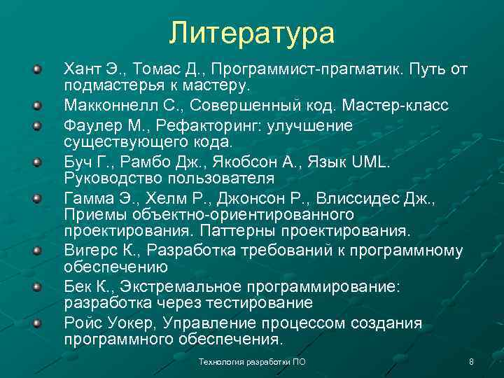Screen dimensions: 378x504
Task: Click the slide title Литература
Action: point(252,32)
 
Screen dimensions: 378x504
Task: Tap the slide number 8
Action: point(471,362)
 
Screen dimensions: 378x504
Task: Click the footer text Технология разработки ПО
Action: point(252,362)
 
